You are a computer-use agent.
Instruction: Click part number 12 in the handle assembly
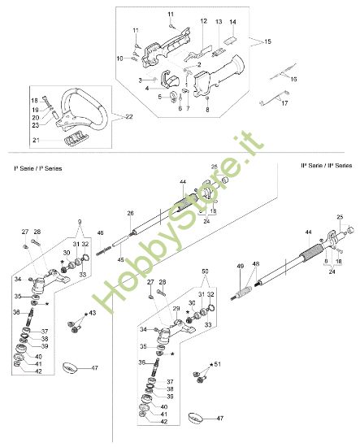click(204, 20)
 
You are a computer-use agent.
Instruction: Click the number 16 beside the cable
click(293, 79)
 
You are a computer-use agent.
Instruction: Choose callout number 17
click(284, 103)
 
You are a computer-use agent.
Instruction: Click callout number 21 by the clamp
click(36, 141)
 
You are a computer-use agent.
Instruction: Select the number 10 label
click(119, 58)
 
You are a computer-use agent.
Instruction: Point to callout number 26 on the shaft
click(130, 213)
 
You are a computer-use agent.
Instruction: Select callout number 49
click(241, 266)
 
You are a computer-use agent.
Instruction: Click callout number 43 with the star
click(92, 313)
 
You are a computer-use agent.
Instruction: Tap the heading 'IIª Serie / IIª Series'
click(326, 166)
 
